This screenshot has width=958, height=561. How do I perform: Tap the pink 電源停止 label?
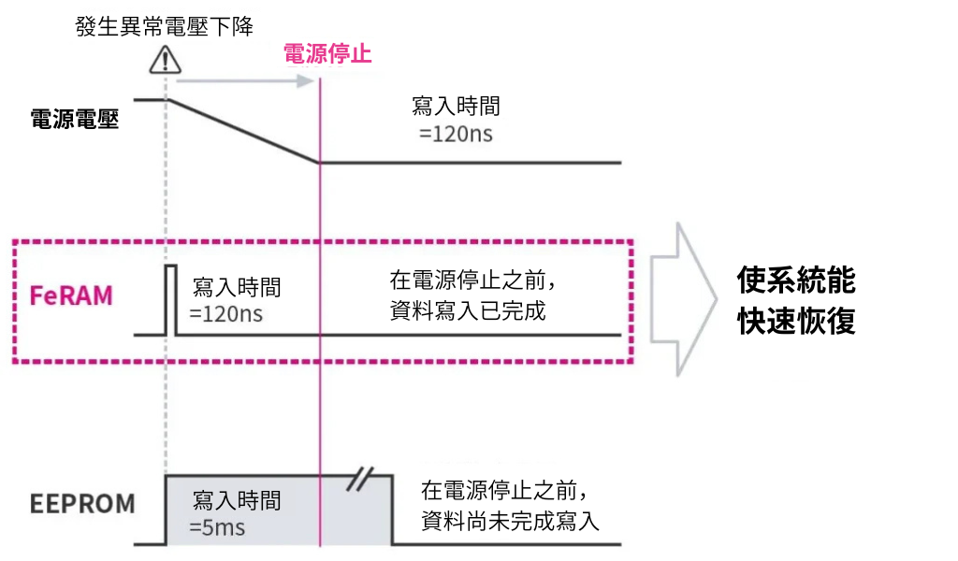tap(327, 53)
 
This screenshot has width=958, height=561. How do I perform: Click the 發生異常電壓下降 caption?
tap(164, 24)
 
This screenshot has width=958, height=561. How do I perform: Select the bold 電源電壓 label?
tap(75, 119)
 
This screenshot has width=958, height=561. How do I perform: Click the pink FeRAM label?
tap(71, 295)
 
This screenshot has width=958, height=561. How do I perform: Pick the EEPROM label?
tap(82, 504)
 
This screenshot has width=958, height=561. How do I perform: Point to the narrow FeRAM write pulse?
tap(170, 299)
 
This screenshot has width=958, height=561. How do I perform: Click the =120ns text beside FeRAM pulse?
tap(225, 314)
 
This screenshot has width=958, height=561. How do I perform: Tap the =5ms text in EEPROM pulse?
tap(216, 528)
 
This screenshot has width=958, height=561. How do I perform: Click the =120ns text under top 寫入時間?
tap(456, 135)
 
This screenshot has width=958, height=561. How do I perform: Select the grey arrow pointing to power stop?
tap(243, 80)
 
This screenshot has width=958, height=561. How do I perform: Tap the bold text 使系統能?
tap(796, 280)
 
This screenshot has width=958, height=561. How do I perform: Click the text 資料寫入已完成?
tap(467, 311)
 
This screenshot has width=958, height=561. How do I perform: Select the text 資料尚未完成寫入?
tap(510, 521)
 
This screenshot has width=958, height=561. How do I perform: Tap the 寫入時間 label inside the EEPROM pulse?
tap(236, 500)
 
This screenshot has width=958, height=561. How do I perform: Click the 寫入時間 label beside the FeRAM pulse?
tap(236, 287)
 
